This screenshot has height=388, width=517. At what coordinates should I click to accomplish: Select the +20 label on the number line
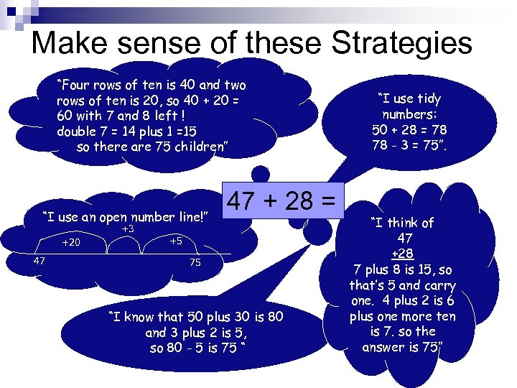(71, 243)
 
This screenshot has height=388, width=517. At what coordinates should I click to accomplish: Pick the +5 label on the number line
(176, 241)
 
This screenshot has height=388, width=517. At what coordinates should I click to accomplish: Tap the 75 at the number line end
(195, 263)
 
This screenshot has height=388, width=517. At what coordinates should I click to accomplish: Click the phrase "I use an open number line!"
(125, 216)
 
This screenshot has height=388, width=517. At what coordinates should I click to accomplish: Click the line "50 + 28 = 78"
(410, 130)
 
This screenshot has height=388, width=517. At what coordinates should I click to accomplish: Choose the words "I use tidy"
(410, 98)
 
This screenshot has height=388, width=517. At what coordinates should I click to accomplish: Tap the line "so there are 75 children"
(152, 147)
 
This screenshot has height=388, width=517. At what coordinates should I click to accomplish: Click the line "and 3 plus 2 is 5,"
(195, 333)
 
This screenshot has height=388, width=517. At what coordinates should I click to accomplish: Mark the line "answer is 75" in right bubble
(403, 348)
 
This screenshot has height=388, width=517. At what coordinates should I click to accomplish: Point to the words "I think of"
(402, 222)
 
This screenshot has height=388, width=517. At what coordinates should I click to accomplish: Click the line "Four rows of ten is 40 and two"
(152, 85)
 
